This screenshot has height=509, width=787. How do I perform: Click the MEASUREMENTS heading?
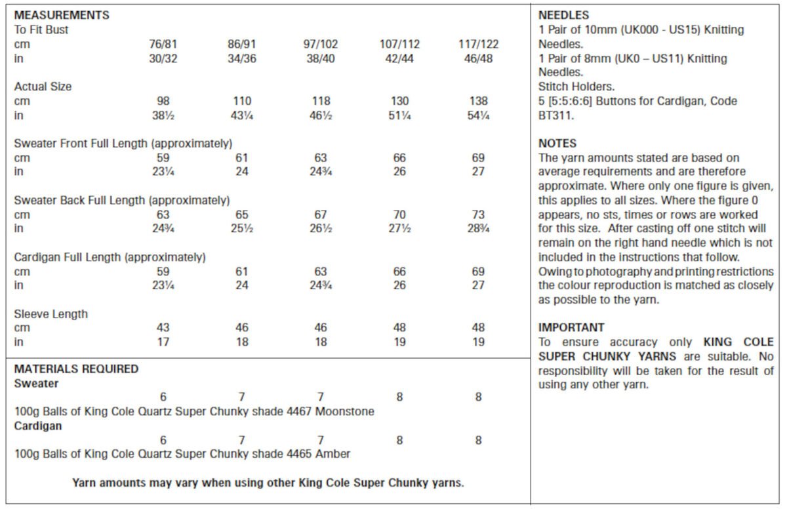point(62,15)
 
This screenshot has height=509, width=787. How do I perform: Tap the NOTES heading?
point(557,143)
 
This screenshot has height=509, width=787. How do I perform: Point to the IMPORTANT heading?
point(571,327)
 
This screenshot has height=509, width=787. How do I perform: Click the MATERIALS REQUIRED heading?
point(76,369)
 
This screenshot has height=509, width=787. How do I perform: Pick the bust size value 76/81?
point(163,45)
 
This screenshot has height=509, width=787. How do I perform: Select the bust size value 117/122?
point(478,45)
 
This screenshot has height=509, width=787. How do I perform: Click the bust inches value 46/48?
point(478,58)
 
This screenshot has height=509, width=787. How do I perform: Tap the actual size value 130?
point(399,101)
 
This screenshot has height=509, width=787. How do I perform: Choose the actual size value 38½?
point(163,115)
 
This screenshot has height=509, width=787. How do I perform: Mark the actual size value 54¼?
point(478,115)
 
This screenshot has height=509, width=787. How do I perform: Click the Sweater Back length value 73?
point(478,214)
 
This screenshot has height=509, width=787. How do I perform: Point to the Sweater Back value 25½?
point(242,229)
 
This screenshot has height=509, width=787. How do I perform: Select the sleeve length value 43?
point(163,327)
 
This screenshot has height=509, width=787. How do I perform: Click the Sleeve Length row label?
point(50,314)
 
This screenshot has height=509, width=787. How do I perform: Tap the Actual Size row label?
point(43,87)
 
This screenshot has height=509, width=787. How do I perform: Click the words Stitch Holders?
point(575,87)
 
